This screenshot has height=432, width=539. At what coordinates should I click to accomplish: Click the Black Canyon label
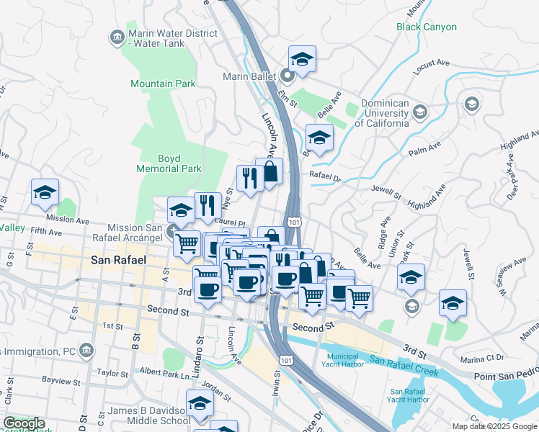click(x=427, y=27)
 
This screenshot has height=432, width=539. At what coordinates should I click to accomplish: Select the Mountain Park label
click(x=163, y=84)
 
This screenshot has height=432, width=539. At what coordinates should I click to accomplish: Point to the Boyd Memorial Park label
click(x=169, y=163)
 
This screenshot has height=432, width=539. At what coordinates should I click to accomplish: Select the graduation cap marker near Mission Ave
click(x=45, y=192)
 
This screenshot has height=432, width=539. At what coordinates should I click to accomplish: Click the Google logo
click(x=24, y=423)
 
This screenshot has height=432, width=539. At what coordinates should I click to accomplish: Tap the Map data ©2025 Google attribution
click(x=494, y=426)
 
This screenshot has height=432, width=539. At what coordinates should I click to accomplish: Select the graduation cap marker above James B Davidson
click(x=200, y=403)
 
